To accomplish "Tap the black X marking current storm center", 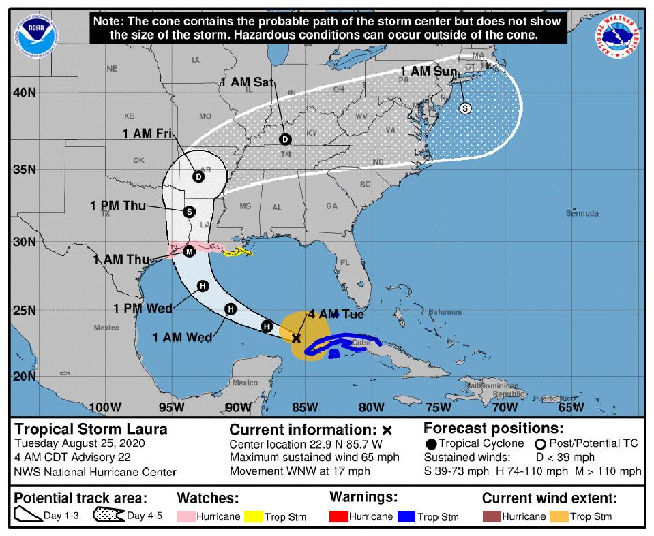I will click(296, 338).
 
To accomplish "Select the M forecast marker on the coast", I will click(190, 251).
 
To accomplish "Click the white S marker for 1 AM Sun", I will click(465, 108).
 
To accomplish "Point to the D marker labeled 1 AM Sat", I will click(285, 140).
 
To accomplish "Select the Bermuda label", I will click(582, 214).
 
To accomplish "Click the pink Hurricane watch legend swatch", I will click(185, 516).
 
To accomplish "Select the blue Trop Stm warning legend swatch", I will click(406, 516).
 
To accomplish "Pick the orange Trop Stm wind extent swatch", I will click(559, 516).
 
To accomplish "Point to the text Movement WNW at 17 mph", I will click(299, 471).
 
